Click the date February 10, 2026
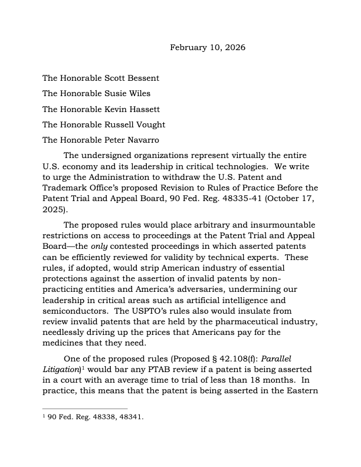[208, 47]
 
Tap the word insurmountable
[281, 225]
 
